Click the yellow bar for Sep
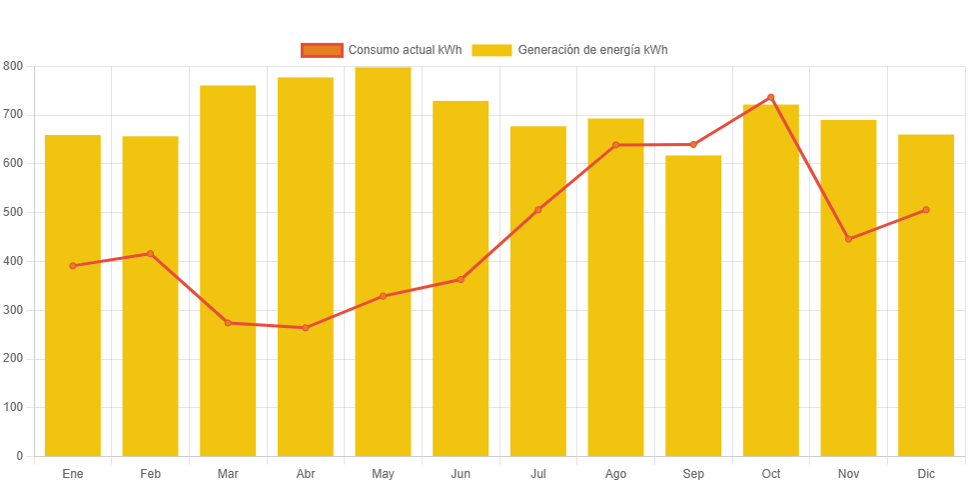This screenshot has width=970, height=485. point(693,305)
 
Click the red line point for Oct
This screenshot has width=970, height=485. point(771,97)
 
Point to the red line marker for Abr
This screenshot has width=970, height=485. point(306,328)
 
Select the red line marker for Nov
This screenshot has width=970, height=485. point(848,239)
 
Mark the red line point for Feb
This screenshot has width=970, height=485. point(150,254)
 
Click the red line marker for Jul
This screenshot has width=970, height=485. point(537,210)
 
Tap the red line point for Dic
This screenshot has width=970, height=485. point(926,210)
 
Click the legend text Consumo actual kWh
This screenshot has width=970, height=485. point(405,50)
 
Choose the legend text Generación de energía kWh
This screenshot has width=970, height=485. point(592,50)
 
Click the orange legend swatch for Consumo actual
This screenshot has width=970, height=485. point(321,50)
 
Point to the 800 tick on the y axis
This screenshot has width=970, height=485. point(13,66)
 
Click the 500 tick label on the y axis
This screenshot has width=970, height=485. point(13,212)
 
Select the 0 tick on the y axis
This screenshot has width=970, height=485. point(20,456)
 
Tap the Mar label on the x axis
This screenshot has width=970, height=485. point(228,473)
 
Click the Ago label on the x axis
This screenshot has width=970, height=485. point(615,473)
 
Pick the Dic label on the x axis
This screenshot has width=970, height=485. point(926,473)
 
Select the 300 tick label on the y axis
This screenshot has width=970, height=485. point(13,310)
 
